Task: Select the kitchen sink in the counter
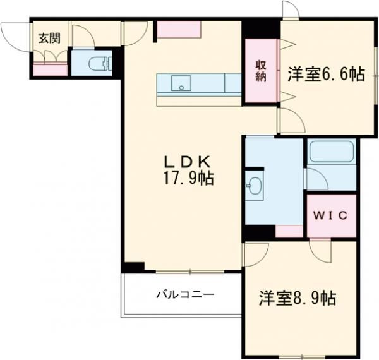point(179,83)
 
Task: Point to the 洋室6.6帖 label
point(326,74)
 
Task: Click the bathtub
point(331,152)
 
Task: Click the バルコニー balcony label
point(185,294)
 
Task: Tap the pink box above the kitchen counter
point(179,29)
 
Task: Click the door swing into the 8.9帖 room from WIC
point(320,250)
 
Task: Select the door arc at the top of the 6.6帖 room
point(290,10)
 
